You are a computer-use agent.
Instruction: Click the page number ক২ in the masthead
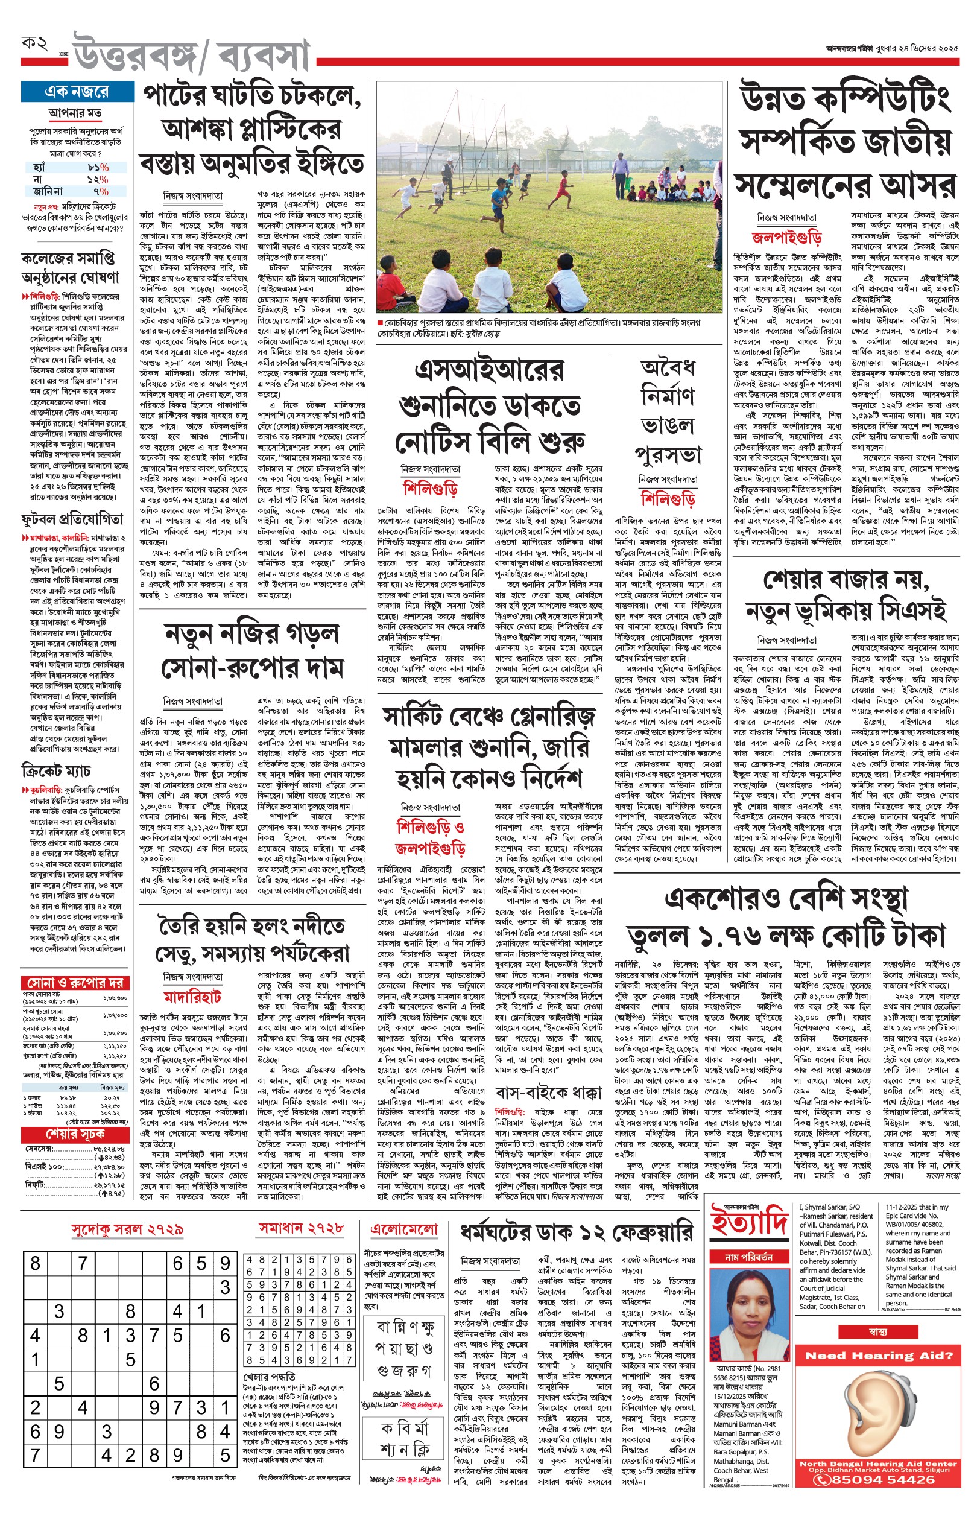[x=35, y=44]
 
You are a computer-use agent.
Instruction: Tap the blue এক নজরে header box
[x=77, y=92]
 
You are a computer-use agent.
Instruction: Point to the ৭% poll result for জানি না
[x=101, y=191]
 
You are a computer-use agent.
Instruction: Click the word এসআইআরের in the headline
[x=488, y=370]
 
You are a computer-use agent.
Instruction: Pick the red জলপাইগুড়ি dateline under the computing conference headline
[x=786, y=238]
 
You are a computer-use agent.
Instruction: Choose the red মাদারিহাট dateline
[x=192, y=996]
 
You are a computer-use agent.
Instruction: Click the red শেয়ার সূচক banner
[x=75, y=1135]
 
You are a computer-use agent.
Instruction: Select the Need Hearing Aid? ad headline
[x=878, y=1356]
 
